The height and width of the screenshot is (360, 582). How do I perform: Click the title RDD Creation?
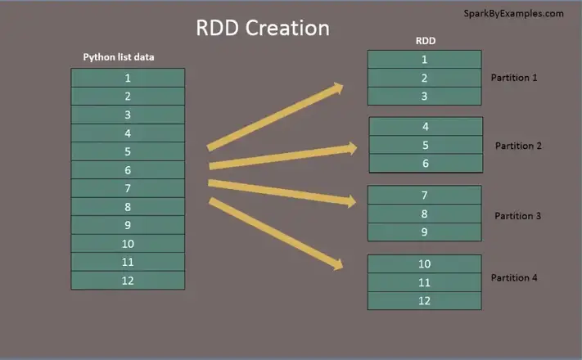262,28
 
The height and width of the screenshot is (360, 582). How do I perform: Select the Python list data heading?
119,57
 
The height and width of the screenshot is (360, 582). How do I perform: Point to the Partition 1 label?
514,78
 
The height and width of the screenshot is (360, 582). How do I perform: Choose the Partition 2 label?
518,146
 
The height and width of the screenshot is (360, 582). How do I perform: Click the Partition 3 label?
517,216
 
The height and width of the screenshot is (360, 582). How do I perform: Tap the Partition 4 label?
514,278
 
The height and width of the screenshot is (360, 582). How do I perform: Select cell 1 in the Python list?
128,78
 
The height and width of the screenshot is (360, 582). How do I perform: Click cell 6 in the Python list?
128,170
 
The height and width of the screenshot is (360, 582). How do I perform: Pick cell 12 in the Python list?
128,281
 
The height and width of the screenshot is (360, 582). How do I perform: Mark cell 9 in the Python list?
128,225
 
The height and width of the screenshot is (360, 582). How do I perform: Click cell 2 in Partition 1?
424,79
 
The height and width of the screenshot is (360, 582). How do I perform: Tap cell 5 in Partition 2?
425,146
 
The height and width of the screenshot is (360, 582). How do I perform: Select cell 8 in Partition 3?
424,214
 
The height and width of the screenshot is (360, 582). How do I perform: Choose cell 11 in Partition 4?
424,282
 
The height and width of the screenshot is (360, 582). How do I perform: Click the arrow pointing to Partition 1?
275,117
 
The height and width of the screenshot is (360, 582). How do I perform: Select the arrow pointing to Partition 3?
282,191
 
